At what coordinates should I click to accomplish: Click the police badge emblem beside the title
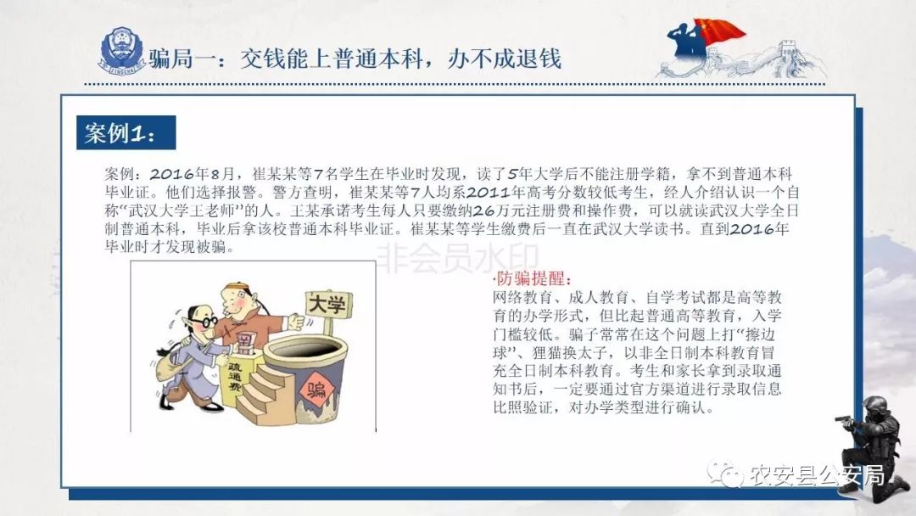pyautogui.click(x=122, y=51)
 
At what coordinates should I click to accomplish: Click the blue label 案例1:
pyautogui.click(x=126, y=132)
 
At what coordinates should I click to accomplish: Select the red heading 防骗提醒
pyautogui.click(x=533, y=278)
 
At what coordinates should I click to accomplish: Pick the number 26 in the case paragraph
pyautogui.click(x=483, y=210)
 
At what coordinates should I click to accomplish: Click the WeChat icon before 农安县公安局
pyautogui.click(x=725, y=474)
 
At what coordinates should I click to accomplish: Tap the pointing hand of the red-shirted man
pyautogui.click(x=296, y=322)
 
